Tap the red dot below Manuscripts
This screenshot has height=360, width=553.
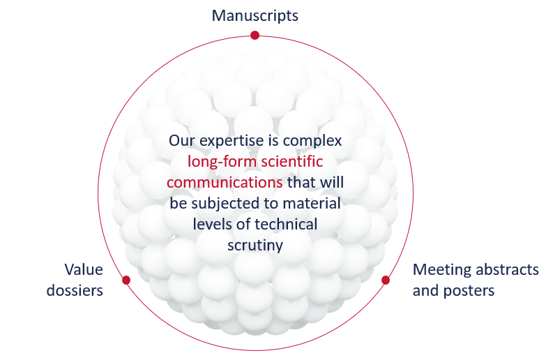[255, 35]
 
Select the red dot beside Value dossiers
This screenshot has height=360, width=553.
[126, 280]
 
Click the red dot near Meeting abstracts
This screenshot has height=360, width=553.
[385, 280]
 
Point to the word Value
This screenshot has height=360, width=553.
[84, 269]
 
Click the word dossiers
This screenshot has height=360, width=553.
[75, 290]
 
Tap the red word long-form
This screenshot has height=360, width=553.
[219, 162]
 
